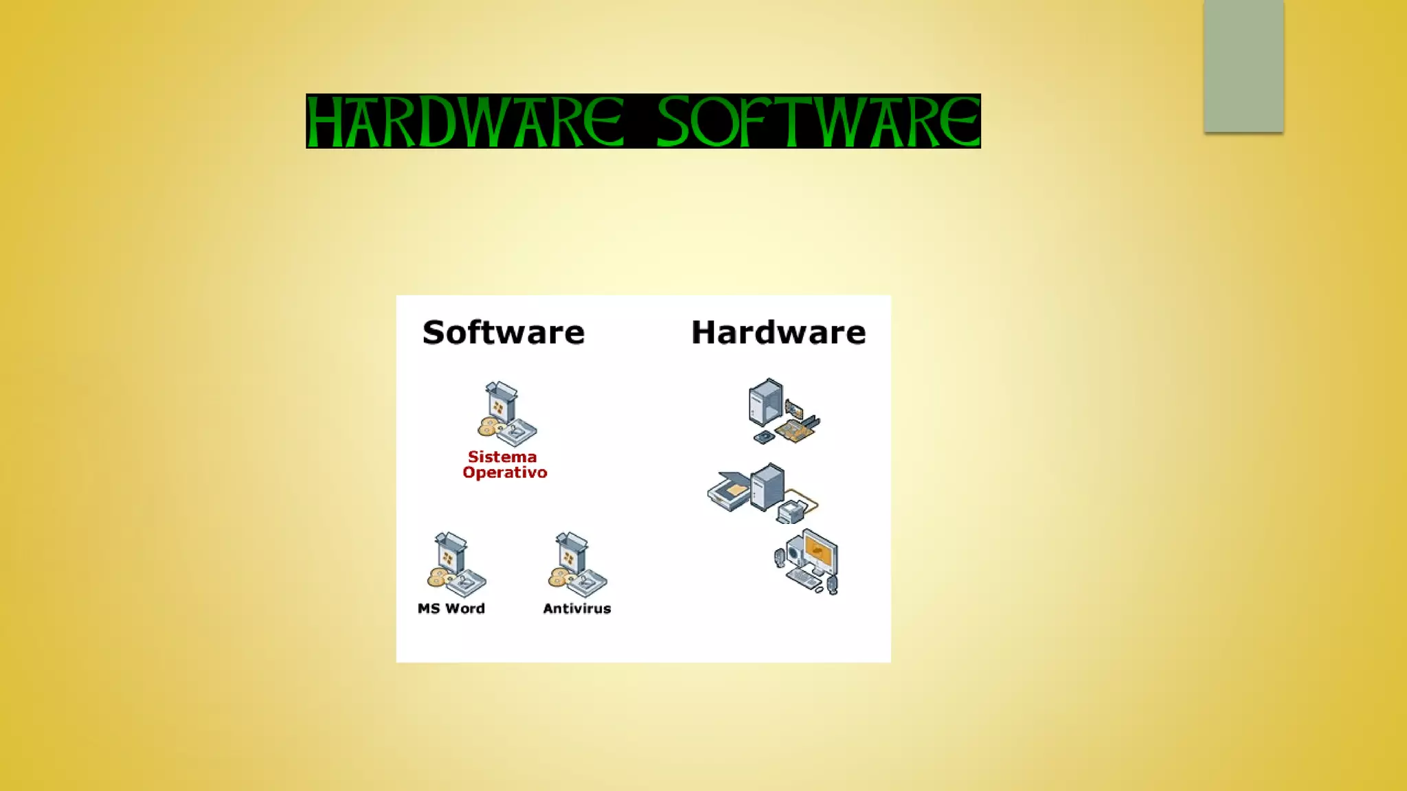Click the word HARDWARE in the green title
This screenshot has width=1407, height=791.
(x=465, y=122)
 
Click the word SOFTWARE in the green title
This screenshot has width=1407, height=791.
(x=818, y=122)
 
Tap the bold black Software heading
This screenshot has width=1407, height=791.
(x=504, y=332)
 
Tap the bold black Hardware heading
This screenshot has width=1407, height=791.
(x=778, y=332)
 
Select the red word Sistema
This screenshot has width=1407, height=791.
(x=502, y=457)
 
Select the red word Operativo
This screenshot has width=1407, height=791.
(x=505, y=472)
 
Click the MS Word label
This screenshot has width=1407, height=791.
(x=451, y=608)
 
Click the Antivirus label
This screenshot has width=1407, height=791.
(x=577, y=608)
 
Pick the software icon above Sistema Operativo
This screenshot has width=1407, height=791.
(x=507, y=413)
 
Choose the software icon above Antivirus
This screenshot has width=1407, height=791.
(x=577, y=564)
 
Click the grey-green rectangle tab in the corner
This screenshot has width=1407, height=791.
(x=1243, y=66)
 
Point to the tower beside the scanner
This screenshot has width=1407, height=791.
(x=767, y=486)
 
